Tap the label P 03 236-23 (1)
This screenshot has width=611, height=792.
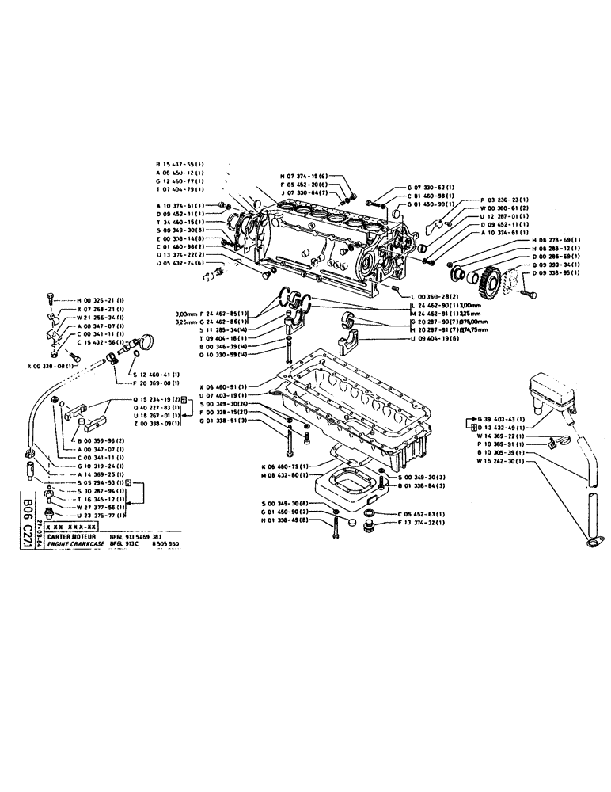click(507, 200)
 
